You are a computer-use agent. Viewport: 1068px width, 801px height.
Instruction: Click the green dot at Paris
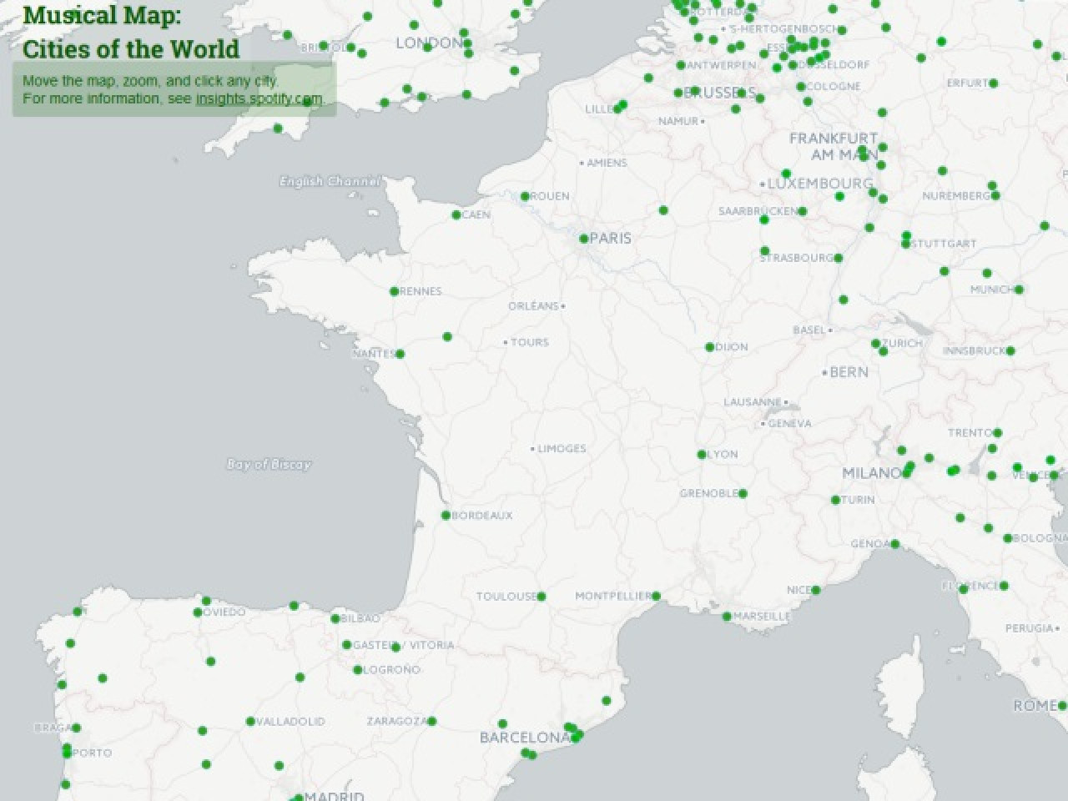click(x=584, y=239)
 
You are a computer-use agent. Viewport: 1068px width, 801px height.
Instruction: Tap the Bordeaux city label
click(x=482, y=516)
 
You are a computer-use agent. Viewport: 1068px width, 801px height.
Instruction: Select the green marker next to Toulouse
click(x=542, y=596)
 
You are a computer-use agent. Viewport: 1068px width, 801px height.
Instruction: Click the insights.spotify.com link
click(x=259, y=98)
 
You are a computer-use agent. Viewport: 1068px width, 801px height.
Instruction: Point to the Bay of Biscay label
click(x=269, y=465)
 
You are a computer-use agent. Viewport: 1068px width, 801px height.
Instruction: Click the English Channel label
click(x=330, y=181)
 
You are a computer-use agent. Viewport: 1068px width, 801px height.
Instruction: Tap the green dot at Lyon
click(x=702, y=455)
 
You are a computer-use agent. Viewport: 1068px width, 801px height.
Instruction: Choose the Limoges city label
click(x=562, y=449)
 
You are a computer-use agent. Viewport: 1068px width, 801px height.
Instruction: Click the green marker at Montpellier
click(x=656, y=596)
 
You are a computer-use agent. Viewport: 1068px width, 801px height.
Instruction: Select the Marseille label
click(x=762, y=617)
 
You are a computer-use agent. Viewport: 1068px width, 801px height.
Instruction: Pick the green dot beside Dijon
click(x=709, y=347)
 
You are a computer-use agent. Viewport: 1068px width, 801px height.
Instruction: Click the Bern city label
click(x=849, y=372)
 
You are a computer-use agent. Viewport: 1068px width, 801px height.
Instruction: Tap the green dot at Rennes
click(x=394, y=291)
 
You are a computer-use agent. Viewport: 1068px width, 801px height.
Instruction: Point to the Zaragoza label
click(x=396, y=721)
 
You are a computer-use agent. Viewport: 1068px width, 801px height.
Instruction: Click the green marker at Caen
click(x=456, y=214)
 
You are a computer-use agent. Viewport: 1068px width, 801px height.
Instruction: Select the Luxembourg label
click(x=820, y=184)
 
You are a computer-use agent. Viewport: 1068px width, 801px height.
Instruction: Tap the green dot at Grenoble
click(x=743, y=493)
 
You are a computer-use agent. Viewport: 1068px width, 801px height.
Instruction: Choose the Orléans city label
click(x=533, y=306)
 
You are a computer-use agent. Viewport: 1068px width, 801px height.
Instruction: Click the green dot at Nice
click(x=816, y=590)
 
